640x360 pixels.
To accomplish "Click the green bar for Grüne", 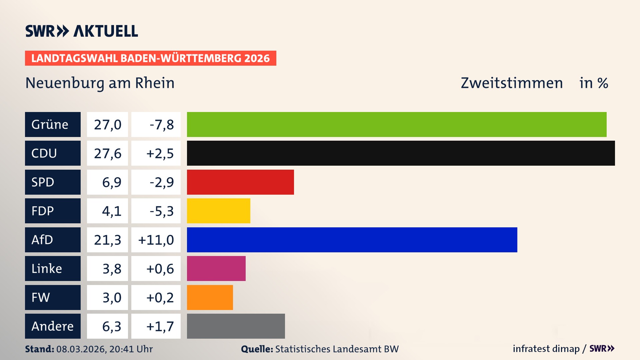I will point(397,124).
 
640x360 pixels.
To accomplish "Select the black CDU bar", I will point(401,153).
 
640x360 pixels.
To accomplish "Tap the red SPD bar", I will point(240,182).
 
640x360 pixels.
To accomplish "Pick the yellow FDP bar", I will point(218,211).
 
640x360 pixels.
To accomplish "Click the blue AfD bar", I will point(352,240).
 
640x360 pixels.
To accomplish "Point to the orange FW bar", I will point(210,297).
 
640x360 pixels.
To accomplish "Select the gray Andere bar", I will point(236,326).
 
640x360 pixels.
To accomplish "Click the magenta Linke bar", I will point(216,269).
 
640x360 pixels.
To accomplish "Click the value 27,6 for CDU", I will point(107,153).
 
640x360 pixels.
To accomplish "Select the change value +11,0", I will point(156,240).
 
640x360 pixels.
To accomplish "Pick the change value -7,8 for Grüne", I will point(161,125).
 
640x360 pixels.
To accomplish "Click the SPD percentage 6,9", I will point(111,182).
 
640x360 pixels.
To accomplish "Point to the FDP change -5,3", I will point(161,211).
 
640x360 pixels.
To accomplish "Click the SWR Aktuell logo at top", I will point(81,31).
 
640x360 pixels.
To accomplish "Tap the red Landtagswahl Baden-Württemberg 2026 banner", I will point(150,58).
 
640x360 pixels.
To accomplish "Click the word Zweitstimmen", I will point(512,83).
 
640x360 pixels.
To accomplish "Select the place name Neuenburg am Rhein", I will point(100,83).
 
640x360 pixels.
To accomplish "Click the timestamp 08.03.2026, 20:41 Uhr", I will point(104,349).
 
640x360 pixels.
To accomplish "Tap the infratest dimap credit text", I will point(546,349).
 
